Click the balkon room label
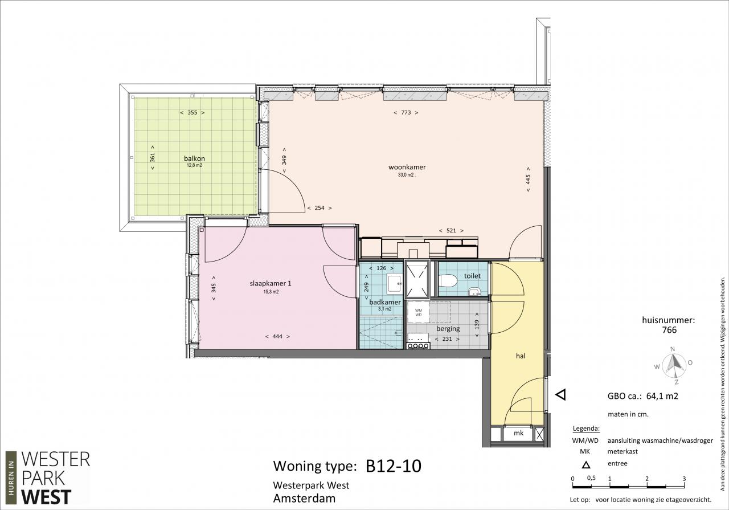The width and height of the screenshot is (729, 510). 194,158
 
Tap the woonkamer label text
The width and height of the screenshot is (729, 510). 407,167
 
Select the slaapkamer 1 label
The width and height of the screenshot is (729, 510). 271,283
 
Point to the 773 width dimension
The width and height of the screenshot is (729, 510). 406,113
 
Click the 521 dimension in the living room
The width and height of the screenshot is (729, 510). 451,231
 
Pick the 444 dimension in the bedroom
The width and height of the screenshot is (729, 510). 277,336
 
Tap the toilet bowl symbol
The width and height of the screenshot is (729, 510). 448,281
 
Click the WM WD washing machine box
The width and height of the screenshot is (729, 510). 418,313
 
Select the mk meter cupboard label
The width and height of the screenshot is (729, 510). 518,433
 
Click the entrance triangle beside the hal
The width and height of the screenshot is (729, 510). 561,395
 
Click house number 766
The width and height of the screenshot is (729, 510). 669,330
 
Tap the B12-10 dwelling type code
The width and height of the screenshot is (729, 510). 394,466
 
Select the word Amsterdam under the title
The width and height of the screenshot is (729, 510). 304,498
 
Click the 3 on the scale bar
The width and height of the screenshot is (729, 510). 684,479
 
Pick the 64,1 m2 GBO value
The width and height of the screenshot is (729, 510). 662,396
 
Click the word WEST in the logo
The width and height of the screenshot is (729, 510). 46,497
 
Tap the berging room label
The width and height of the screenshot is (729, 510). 448,329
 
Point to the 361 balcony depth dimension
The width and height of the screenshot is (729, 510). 153,158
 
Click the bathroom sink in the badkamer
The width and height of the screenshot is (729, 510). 395,284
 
